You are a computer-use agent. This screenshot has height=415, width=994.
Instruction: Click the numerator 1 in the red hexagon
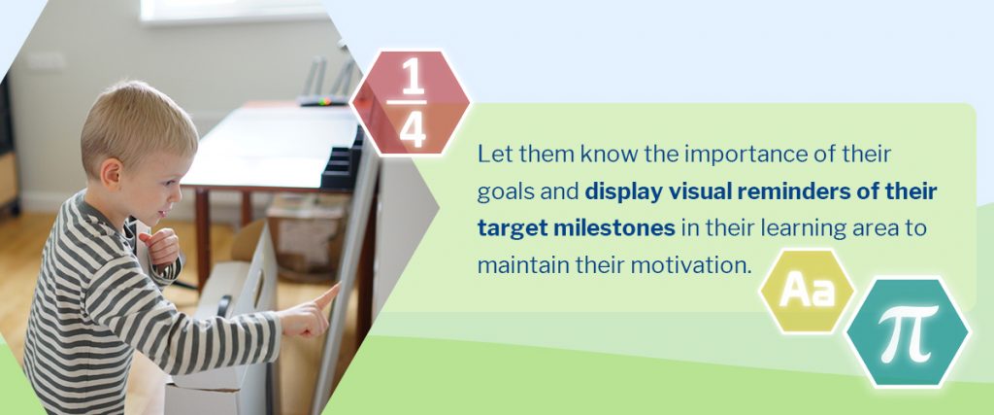click(x=414, y=80)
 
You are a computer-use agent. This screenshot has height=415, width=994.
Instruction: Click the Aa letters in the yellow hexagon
click(x=808, y=292)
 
